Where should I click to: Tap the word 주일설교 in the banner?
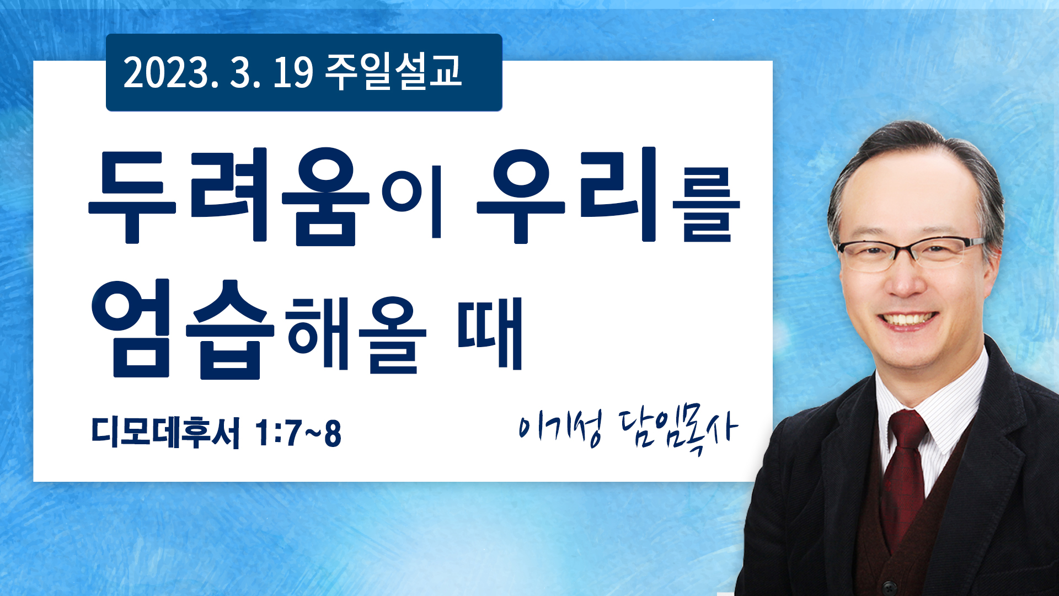coord(393,71)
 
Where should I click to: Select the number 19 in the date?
coord(293,72)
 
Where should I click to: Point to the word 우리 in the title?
coord(568,195)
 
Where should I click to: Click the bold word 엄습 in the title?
coord(183,329)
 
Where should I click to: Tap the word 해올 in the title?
coord(356,334)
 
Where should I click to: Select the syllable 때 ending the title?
coord(490,333)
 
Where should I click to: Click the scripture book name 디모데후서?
coord(165,432)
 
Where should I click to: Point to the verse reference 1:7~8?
coord(298,433)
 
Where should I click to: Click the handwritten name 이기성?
coord(560,428)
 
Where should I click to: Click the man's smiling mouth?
coord(907,320)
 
